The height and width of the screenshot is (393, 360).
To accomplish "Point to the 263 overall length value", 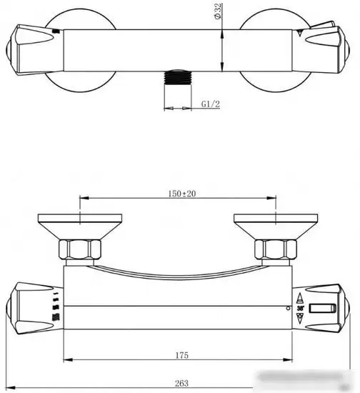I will click(x=181, y=383).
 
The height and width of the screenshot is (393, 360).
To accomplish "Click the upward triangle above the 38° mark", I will click(x=301, y=298).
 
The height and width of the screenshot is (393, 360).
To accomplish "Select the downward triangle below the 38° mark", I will click(x=301, y=319).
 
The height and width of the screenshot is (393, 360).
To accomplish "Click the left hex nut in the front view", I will click(x=81, y=250).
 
